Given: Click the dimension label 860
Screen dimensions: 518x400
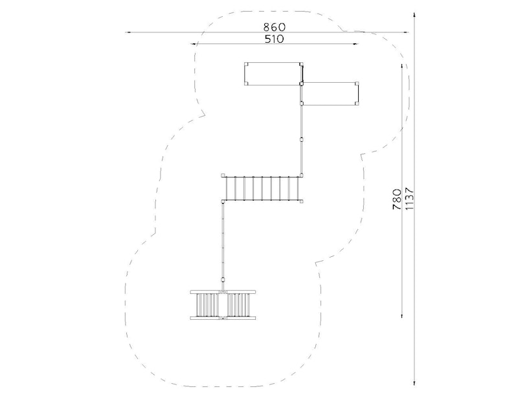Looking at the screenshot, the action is tap(274, 27).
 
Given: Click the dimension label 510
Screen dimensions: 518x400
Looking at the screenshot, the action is tap(274, 39).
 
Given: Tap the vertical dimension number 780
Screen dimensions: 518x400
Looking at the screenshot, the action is tap(397, 199).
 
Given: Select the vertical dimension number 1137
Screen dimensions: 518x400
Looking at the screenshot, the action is tap(409, 199).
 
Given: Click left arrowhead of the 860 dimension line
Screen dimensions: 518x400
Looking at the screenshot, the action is tap(128, 32).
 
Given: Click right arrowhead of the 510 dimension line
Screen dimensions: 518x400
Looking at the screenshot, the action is tap(355, 44).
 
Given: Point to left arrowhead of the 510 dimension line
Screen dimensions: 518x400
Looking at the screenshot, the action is tap(193, 44).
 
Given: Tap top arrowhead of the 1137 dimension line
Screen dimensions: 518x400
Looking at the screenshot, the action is tap(414, 15).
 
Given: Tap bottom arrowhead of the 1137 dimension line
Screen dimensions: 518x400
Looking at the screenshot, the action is tap(414, 383).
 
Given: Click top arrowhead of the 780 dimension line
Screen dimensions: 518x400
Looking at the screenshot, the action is tap(401, 66).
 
